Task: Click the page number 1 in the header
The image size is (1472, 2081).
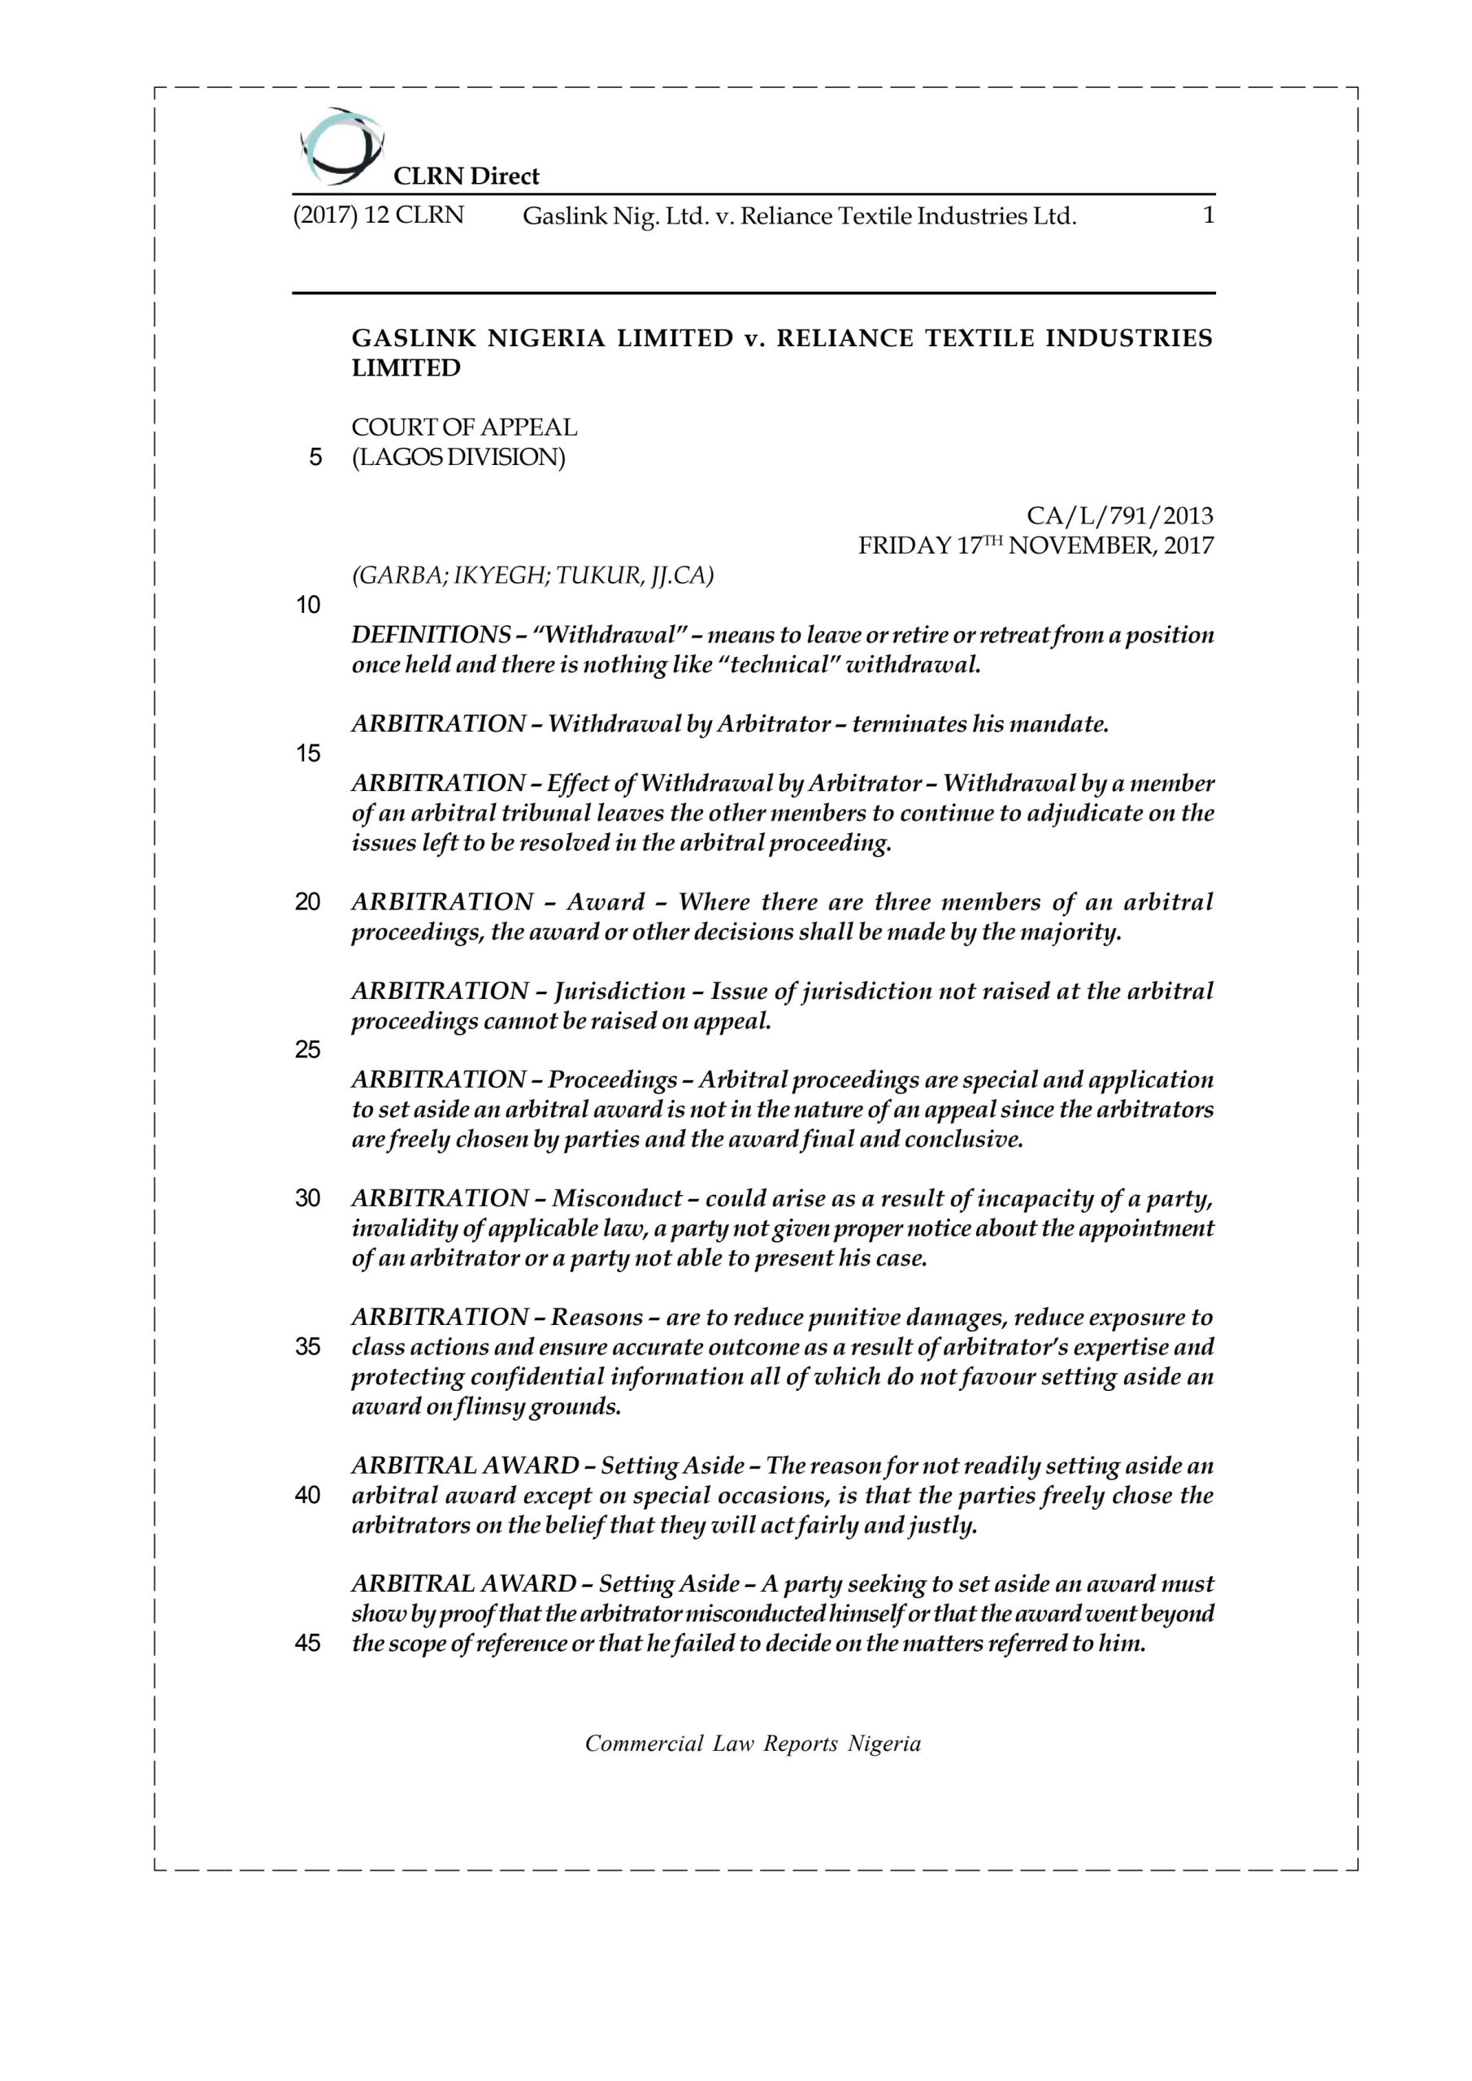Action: pos(1207,215)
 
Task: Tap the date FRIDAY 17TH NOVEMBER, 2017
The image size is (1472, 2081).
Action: pos(1035,545)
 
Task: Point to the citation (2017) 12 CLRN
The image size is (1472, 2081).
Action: pos(378,215)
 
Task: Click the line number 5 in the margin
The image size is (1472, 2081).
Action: pos(315,458)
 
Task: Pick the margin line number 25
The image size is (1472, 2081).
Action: pos(308,1049)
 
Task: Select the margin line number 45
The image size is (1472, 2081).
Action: pos(308,1643)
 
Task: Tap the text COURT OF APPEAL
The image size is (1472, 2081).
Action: pos(464,427)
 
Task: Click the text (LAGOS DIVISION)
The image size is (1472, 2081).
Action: pos(458,457)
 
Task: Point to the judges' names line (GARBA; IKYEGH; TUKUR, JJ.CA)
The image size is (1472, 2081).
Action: pos(532,576)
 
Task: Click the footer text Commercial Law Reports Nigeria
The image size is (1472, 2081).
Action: pos(753,1744)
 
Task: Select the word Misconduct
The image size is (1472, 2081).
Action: pos(616,1198)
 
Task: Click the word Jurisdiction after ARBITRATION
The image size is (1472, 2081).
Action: pos(620,991)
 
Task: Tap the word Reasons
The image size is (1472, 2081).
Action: pos(597,1317)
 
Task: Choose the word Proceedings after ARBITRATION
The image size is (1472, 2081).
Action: pos(612,1080)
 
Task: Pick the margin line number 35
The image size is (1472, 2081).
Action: pos(308,1347)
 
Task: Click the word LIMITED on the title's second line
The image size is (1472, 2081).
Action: pos(406,368)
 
